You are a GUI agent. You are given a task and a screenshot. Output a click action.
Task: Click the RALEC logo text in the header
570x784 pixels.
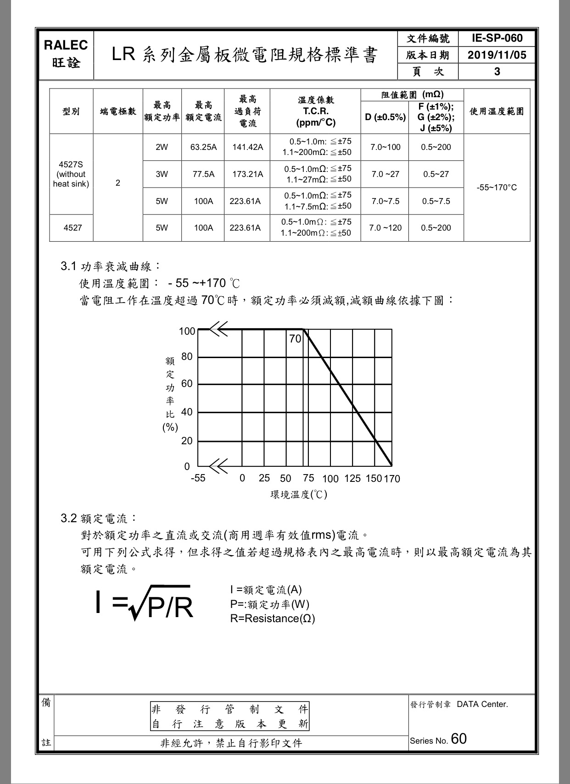pyautogui.click(x=66, y=45)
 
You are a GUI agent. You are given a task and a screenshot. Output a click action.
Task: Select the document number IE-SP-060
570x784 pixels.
pyautogui.click(x=497, y=38)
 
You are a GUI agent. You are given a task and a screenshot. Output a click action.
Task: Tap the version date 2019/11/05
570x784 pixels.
pyautogui.click(x=497, y=55)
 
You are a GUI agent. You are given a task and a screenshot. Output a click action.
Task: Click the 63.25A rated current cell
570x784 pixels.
pyautogui.click(x=203, y=147)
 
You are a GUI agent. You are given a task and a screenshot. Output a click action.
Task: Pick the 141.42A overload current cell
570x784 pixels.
pyautogui.click(x=247, y=147)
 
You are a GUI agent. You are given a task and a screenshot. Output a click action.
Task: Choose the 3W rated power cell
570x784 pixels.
pyautogui.click(x=162, y=174)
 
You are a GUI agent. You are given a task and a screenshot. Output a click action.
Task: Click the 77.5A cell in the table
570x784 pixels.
pyautogui.click(x=203, y=174)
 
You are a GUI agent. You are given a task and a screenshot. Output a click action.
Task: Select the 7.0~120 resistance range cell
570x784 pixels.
pyautogui.click(x=385, y=228)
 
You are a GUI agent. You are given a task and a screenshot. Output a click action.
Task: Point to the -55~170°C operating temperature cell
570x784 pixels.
pyautogui.click(x=497, y=188)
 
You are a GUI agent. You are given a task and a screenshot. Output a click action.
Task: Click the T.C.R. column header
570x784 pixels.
pyautogui.click(x=316, y=111)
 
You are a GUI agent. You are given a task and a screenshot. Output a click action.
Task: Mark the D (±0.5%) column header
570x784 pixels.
pyautogui.click(x=385, y=117)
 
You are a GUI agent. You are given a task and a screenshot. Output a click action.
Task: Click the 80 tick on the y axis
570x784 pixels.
pyautogui.click(x=187, y=357)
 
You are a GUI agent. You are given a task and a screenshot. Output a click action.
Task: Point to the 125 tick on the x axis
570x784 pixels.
pyautogui.click(x=352, y=479)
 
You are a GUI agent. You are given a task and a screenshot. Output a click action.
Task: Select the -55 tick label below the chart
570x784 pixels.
pyautogui.click(x=198, y=478)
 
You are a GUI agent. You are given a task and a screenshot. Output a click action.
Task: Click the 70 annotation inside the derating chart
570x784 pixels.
pyautogui.click(x=295, y=339)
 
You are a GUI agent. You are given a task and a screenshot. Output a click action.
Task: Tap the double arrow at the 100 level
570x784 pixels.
pyautogui.click(x=218, y=329)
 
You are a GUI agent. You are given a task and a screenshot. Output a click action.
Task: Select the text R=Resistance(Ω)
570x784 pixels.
pyautogui.click(x=273, y=618)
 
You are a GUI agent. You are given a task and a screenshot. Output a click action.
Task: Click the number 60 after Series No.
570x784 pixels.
pyautogui.click(x=458, y=739)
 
